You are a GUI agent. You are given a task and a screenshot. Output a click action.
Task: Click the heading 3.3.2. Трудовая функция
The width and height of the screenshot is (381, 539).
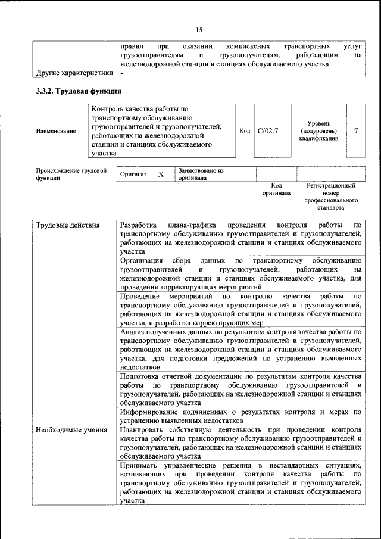coord(79,91)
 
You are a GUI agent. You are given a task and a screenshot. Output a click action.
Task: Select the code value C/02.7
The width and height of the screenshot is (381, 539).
coord(268,130)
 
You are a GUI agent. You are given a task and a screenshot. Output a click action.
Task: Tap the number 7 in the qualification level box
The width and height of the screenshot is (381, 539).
coord(355,130)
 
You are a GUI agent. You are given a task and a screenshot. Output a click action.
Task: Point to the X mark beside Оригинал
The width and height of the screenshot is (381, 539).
coord(161,175)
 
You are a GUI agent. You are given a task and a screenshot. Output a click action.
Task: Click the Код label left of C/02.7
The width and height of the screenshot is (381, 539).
coord(245,130)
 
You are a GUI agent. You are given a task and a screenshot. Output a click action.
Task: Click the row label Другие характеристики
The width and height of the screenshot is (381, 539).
coord(74,73)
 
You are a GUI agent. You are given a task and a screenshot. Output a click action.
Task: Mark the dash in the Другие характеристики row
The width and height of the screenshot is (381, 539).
coord(121,73)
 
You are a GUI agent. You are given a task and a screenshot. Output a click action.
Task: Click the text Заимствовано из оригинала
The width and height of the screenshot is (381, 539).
coord(200,174)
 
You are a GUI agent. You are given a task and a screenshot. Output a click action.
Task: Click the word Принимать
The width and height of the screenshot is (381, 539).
coord(140,464)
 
